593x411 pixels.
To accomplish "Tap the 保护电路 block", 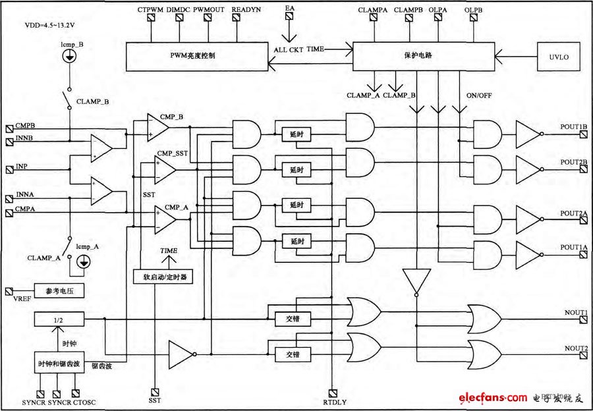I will click(423, 56).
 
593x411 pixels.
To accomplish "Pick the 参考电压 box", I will click(61, 290).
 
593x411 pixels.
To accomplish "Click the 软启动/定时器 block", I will click(161, 277).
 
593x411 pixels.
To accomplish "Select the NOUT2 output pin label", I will click(575, 348).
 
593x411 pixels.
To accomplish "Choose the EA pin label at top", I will click(290, 9).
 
